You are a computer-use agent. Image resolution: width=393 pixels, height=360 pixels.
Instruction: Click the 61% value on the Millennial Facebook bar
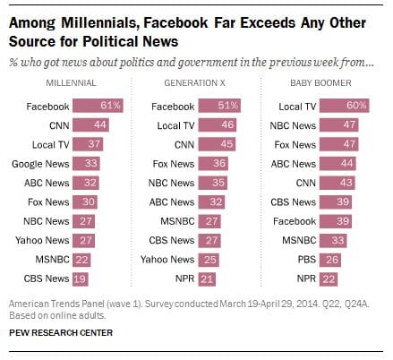coord(112,106)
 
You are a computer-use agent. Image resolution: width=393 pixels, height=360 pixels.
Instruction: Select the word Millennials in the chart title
coord(95,19)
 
